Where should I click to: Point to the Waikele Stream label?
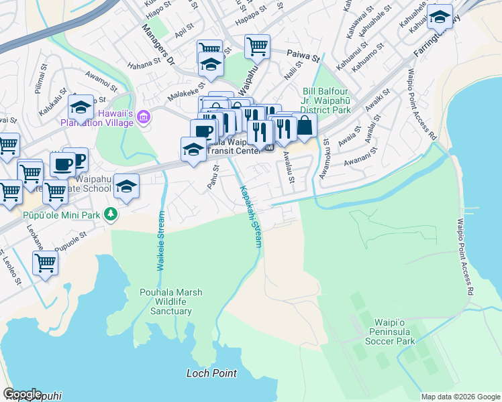[x=160, y=241]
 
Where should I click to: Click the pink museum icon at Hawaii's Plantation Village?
[x=143, y=118]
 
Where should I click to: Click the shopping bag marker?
[x=305, y=125]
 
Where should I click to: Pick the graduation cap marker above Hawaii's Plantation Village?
[x=81, y=107]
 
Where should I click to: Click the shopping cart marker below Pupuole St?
[x=45, y=262]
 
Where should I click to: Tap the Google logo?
[x=22, y=394]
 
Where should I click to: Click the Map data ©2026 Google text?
[x=460, y=397]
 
